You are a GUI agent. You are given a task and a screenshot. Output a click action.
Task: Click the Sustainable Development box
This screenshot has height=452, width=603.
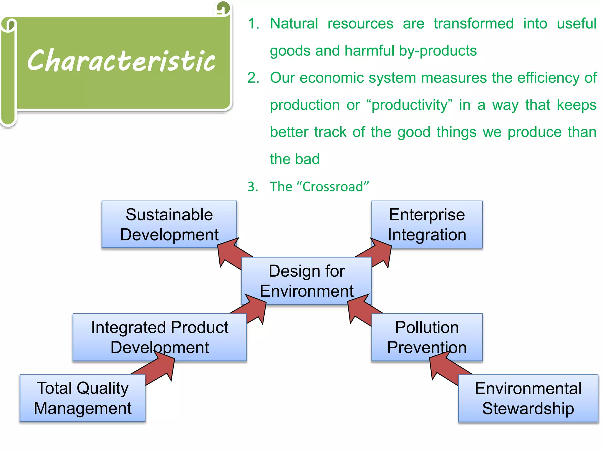169,224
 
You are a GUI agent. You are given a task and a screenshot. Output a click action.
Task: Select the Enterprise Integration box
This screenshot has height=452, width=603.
427,224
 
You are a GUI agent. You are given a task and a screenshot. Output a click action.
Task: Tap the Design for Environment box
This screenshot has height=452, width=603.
306,281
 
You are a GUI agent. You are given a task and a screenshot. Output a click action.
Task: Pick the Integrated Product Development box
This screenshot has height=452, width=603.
159,337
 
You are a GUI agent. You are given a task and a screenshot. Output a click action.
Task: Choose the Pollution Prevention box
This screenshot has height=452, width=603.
427,337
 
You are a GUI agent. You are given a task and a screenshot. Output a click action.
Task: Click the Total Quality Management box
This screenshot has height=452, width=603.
82,398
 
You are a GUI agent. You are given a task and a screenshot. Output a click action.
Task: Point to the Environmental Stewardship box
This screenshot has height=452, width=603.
528,398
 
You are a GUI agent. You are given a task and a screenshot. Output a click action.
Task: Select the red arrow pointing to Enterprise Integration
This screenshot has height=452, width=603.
378,253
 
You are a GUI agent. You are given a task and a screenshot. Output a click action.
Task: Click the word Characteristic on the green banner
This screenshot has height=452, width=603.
121,60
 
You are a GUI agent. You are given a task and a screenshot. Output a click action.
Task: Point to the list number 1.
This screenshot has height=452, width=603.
253,24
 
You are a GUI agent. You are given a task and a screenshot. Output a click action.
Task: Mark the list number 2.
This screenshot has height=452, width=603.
253,78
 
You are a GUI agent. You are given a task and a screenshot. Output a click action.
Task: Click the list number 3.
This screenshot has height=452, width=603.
253,187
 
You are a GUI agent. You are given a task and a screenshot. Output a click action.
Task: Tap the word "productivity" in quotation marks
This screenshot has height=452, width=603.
409,105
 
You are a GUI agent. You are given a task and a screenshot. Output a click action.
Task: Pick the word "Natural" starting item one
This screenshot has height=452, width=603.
294,24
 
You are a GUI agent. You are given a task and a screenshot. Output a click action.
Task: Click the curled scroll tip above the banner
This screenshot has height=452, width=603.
223,8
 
